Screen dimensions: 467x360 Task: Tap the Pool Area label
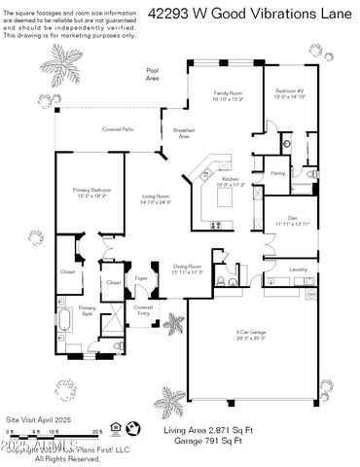[152, 73]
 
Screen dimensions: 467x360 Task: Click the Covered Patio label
[118, 129]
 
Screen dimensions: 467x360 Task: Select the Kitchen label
[230, 180]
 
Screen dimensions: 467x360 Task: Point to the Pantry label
[277, 172]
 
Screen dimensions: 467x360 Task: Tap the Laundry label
[298, 269]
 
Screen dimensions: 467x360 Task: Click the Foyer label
[141, 277]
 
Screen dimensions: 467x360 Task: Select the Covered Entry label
[143, 308]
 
